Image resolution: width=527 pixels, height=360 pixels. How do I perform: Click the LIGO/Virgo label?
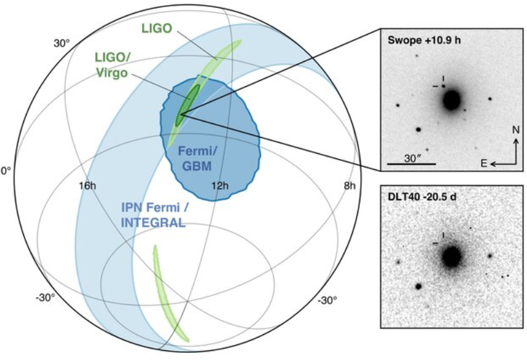pos(112,65)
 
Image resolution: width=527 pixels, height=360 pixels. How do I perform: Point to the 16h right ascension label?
pos(87,185)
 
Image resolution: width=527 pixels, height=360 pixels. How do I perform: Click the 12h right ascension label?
pos(220,185)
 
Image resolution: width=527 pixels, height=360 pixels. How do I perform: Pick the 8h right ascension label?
pos(349,185)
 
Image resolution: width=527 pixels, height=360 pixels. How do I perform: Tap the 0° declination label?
pos(6,171)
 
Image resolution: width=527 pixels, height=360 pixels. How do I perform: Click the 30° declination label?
pos(62,43)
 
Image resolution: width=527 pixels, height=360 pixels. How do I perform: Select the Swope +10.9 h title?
pos(424,40)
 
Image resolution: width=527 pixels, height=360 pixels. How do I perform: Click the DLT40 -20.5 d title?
pos(422,197)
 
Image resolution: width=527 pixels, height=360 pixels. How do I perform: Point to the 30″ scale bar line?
pos(411,164)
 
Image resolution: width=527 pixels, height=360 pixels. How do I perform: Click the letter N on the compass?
pos(516,130)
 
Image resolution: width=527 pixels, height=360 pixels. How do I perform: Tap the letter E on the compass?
pos(484,164)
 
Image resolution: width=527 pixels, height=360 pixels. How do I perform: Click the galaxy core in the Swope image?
pos(451,100)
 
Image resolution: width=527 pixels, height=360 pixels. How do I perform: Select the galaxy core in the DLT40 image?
pos(451,257)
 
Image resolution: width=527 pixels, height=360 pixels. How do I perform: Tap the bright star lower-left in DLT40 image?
pos(418,286)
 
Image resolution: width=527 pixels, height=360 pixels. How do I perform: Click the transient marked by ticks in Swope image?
pos(444,87)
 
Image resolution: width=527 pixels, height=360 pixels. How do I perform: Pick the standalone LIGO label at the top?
pos(157,28)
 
